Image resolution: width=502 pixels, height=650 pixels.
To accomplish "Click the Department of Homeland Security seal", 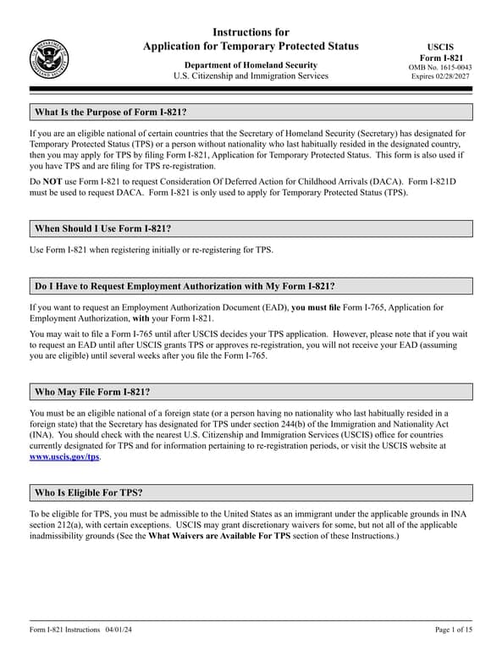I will pos(49,58).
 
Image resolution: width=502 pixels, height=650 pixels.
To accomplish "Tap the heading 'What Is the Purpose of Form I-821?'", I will pos(110,113).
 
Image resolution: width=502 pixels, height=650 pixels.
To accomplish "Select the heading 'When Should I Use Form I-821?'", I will pos(108,229).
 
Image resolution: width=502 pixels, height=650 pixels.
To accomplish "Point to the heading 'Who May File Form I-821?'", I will pos(91,392).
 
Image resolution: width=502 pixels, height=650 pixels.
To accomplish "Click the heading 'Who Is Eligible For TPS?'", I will pos(88,493).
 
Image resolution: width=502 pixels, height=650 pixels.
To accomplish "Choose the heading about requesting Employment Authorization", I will pos(190,286).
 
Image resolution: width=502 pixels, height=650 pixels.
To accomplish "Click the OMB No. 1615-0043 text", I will pos(440,67).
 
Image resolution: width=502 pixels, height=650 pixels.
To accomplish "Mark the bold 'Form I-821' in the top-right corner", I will pos(440,57).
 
